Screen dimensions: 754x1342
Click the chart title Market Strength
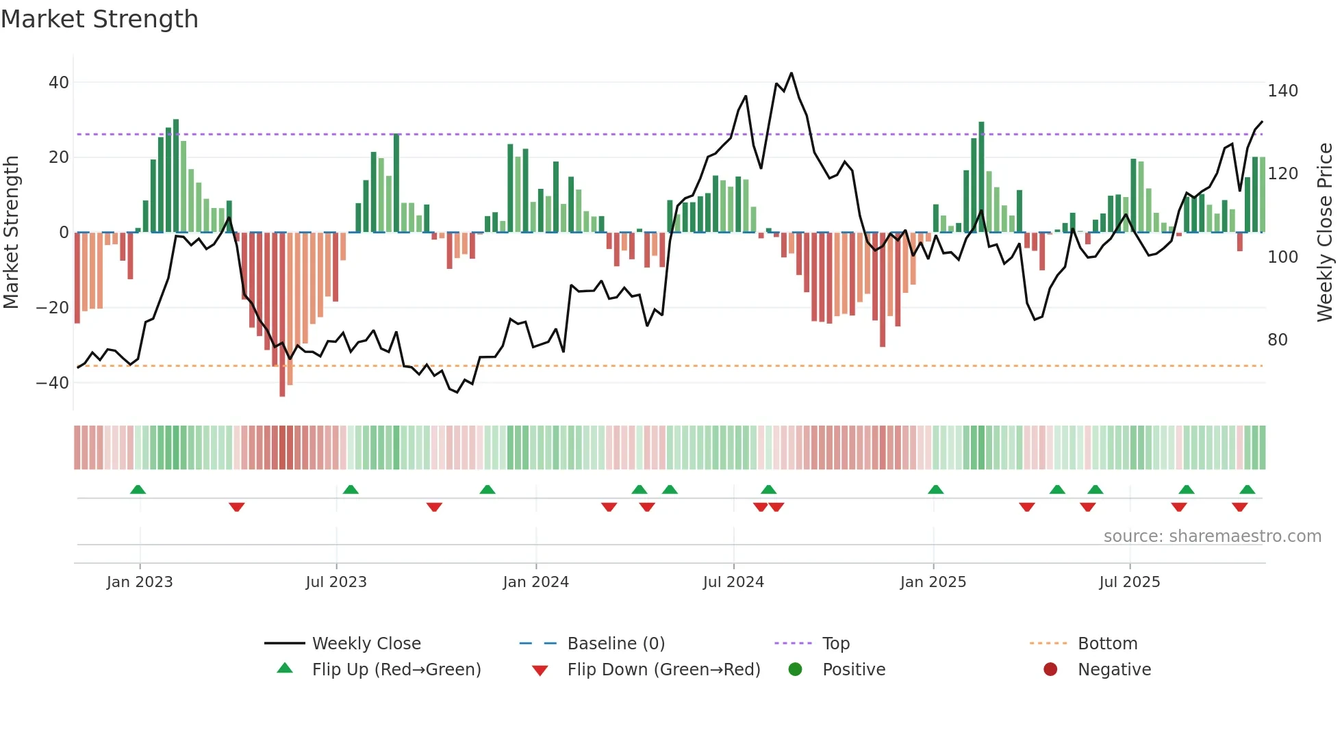99,19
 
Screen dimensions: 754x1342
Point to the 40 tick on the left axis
59,83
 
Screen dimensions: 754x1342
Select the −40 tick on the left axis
53,383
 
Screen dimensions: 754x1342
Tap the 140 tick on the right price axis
1282,91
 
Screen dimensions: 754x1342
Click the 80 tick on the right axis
1278,340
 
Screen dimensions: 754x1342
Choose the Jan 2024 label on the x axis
535,582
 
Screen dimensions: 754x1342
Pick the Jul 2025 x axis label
1130,582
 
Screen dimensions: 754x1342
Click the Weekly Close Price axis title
1325,233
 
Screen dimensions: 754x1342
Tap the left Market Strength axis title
11,233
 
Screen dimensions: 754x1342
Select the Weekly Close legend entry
366,644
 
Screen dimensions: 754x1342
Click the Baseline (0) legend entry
616,644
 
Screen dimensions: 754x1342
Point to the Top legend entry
835,644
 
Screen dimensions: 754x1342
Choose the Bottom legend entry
1107,644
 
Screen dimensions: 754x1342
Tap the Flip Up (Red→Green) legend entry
396,670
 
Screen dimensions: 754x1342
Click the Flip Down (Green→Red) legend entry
663,670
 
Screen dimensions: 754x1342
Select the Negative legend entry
1114,670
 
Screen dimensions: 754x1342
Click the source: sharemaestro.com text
1212,536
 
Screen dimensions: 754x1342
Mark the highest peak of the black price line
791,73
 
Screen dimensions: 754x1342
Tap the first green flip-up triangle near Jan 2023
138,490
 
